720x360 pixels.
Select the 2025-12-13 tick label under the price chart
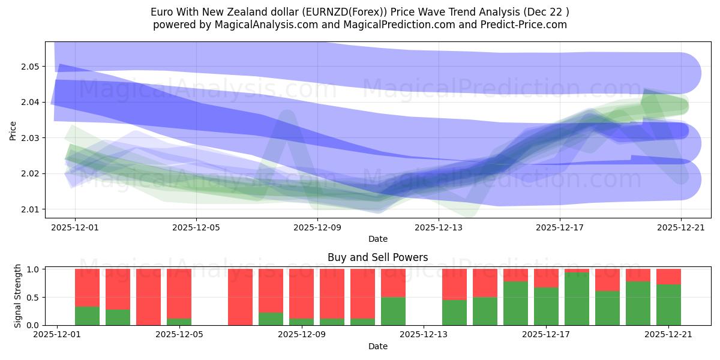coord(439,227)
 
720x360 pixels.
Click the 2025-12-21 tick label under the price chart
coord(681,227)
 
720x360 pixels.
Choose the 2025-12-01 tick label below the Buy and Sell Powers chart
coord(57,335)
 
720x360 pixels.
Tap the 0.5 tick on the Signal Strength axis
coord(33,297)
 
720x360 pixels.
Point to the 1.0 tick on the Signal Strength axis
coord(33,269)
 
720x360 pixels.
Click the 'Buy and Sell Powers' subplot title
coord(377,257)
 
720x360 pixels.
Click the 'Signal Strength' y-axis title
coord(18,295)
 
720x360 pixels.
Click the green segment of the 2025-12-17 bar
coord(546,306)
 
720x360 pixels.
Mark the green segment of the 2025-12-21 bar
coord(668,305)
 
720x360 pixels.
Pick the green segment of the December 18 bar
coord(577,299)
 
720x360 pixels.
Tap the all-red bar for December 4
coord(148,297)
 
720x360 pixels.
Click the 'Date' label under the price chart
coord(377,239)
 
